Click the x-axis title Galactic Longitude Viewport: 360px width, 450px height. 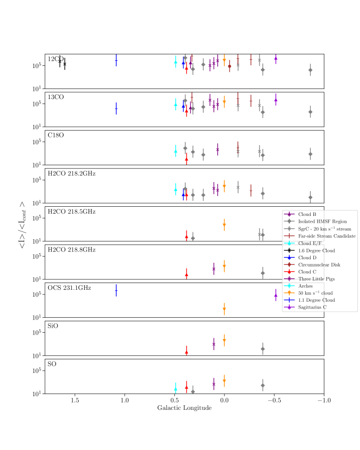coord(184,408)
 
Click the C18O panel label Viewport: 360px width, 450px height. coord(56,136)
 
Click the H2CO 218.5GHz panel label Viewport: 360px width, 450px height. coord(72,212)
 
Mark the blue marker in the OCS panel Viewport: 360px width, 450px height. coord(116,290)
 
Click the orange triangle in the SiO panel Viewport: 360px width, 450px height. coord(224,340)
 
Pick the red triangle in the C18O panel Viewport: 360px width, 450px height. coord(187,159)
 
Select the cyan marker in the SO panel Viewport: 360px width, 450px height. coord(176,389)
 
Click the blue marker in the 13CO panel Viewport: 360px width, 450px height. coord(116,109)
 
